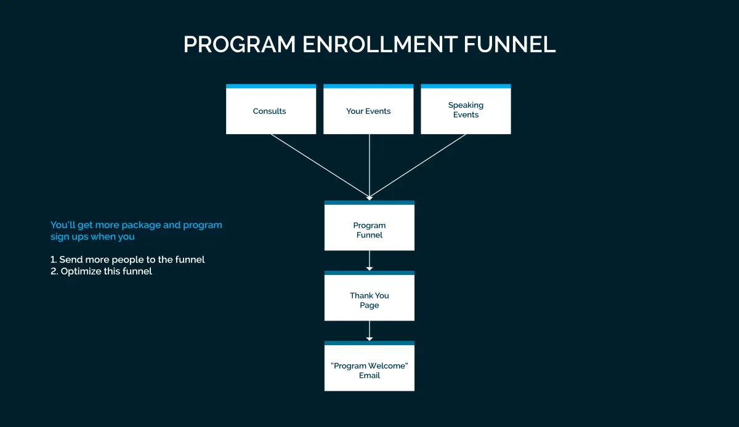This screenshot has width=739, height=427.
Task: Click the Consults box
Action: click(x=270, y=110)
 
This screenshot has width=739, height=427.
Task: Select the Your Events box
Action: click(x=368, y=110)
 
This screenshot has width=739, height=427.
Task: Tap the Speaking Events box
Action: click(x=466, y=110)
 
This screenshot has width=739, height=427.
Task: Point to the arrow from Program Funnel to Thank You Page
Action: click(x=369, y=260)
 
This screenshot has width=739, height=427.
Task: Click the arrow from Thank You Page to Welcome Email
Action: click(x=369, y=330)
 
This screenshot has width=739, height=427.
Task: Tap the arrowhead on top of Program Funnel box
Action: click(x=369, y=198)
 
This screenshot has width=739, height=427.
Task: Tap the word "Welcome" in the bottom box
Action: click(x=387, y=366)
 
